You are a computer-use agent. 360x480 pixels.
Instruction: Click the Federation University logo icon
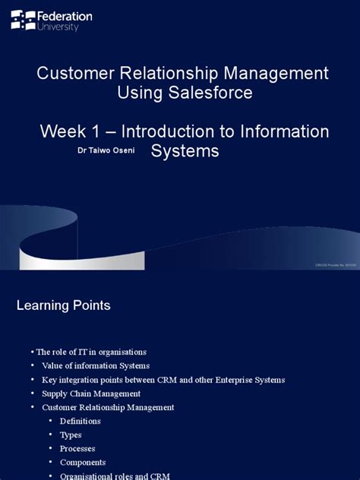(x=23, y=20)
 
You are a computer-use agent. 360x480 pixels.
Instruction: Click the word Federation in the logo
(x=65, y=15)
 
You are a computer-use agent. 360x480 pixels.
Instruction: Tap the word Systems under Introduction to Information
(x=185, y=151)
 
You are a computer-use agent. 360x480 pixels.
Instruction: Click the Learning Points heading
(x=64, y=305)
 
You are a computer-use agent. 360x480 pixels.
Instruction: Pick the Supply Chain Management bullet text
(x=91, y=393)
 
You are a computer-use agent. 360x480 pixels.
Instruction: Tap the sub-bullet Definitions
(x=81, y=421)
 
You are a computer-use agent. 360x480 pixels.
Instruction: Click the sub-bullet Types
(x=71, y=434)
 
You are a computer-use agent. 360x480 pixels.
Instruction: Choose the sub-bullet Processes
(x=77, y=448)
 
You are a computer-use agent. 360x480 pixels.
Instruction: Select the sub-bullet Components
(x=83, y=462)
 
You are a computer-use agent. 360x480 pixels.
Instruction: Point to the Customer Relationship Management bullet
(x=108, y=407)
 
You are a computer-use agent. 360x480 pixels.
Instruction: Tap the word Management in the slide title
(x=279, y=74)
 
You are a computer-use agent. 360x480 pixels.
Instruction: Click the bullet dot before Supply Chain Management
(x=33, y=393)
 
